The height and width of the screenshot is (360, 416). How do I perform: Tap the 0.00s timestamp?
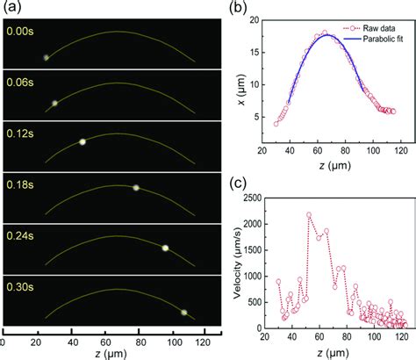pyautogui.click(x=19, y=29)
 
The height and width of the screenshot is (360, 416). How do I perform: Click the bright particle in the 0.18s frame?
pyautogui.click(x=136, y=187)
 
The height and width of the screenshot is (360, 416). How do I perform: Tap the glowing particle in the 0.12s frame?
pyautogui.click(x=82, y=140)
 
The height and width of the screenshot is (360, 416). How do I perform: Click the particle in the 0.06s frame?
pyautogui.click(x=54, y=103)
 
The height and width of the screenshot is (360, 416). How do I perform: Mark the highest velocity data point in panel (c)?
pyautogui.click(x=309, y=214)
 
